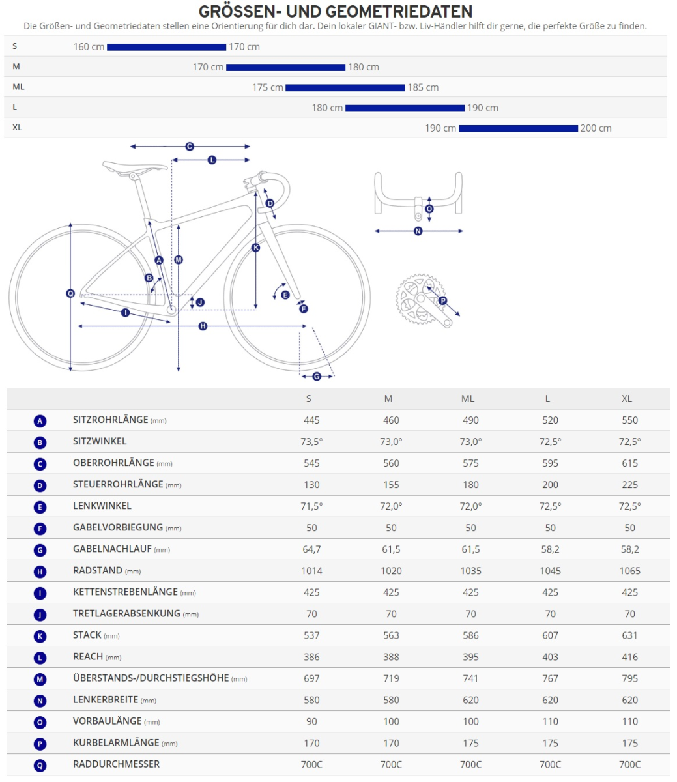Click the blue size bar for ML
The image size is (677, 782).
(x=345, y=87)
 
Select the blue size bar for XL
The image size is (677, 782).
(x=518, y=128)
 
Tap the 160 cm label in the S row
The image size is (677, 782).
(x=89, y=47)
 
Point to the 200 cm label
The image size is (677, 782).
(x=596, y=128)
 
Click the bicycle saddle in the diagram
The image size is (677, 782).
(x=134, y=167)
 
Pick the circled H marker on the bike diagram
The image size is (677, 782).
(x=203, y=326)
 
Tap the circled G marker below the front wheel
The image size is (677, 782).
(x=317, y=376)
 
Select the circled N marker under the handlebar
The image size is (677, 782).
(x=418, y=231)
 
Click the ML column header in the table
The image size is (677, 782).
(x=468, y=399)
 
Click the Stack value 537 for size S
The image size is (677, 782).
(x=311, y=635)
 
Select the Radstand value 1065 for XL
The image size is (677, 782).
(x=629, y=571)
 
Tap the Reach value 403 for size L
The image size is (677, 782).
(x=550, y=657)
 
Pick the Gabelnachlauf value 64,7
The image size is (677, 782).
(x=311, y=549)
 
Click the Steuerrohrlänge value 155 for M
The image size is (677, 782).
(x=391, y=485)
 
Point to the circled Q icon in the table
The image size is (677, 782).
(x=40, y=765)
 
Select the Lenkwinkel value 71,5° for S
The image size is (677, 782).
(x=311, y=506)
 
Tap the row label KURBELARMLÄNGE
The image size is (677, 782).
(x=116, y=742)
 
